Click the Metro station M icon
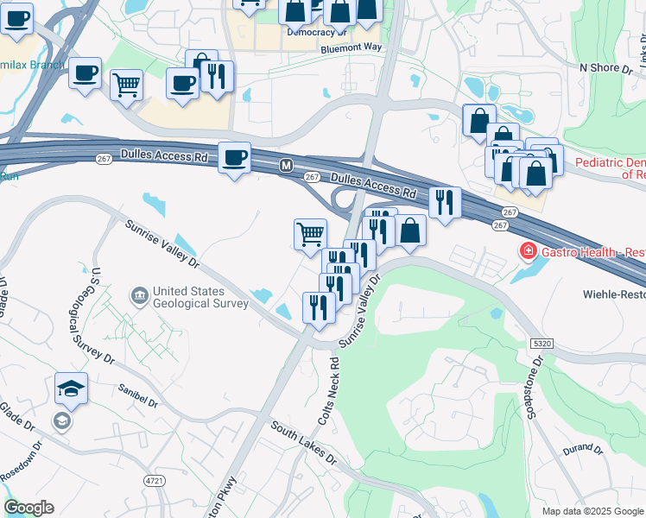tap(285, 165)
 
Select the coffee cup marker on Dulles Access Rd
tap(234, 158)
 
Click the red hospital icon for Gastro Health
tap(525, 252)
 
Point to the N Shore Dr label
tap(606, 66)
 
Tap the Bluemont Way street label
tap(351, 49)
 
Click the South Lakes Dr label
tap(302, 443)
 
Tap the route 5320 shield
tap(541, 343)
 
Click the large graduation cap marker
tap(71, 388)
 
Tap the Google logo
tap(28, 508)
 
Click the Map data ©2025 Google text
tap(592, 511)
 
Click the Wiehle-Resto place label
tap(608, 294)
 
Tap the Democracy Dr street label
tap(316, 32)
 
